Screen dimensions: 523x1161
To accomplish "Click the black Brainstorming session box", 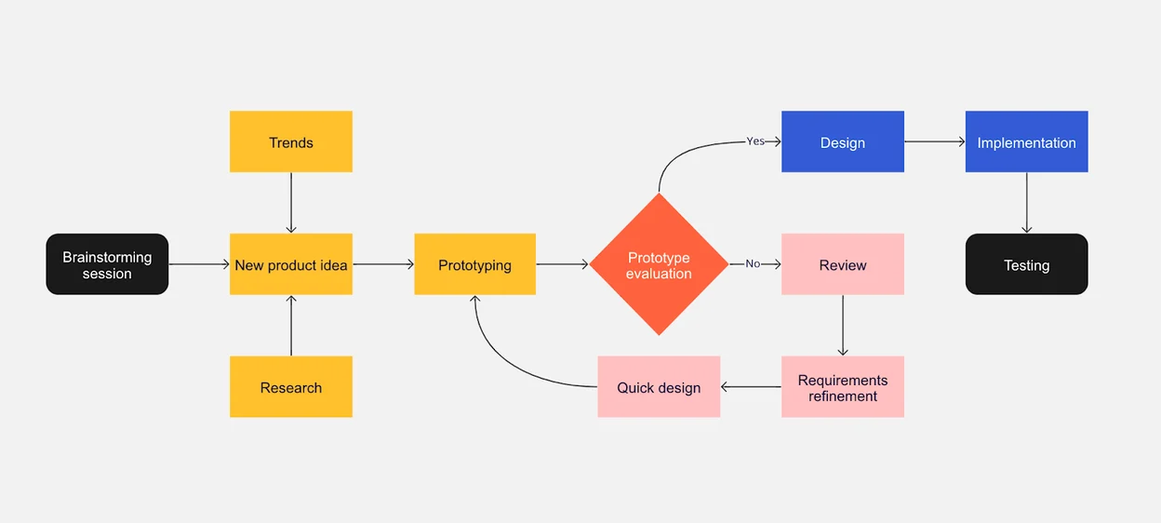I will [107, 264].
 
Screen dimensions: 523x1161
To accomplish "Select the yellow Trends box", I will [291, 141].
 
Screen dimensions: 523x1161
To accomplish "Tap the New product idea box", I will [291, 264].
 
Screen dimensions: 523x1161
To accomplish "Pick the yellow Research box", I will [291, 387].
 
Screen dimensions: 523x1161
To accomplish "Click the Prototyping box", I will [474, 264].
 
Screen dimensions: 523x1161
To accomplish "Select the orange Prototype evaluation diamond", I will [659, 264].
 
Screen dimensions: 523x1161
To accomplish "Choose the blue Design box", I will [842, 141].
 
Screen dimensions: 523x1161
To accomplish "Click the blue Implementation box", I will [1026, 141].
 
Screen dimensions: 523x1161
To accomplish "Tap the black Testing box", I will [1026, 264].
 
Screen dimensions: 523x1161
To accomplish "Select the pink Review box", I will [842, 264].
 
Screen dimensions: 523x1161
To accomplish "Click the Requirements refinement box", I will [842, 387].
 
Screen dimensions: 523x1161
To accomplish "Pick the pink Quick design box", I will [659, 387].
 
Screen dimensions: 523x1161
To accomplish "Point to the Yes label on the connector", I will [755, 141].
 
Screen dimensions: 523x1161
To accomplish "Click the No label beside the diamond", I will [753, 264].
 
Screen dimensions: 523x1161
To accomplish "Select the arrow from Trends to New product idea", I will [291, 203].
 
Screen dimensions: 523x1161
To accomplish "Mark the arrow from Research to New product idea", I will [291, 326].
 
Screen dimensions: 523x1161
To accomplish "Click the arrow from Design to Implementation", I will [934, 141].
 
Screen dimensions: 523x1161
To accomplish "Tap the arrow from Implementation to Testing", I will [1026, 203].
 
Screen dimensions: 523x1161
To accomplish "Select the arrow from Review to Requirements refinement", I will [842, 326].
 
